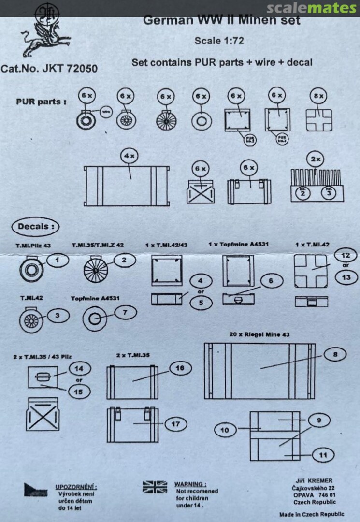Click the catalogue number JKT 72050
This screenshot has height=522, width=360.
49,68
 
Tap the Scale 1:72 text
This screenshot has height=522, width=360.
219,41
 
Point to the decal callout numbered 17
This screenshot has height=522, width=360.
175,424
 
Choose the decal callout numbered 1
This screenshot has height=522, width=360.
57,260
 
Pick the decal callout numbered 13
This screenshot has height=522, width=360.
346,277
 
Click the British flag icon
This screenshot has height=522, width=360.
155,487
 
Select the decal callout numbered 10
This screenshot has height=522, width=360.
225,429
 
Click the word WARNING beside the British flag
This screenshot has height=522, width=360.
190,484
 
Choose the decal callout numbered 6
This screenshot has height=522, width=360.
271,280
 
